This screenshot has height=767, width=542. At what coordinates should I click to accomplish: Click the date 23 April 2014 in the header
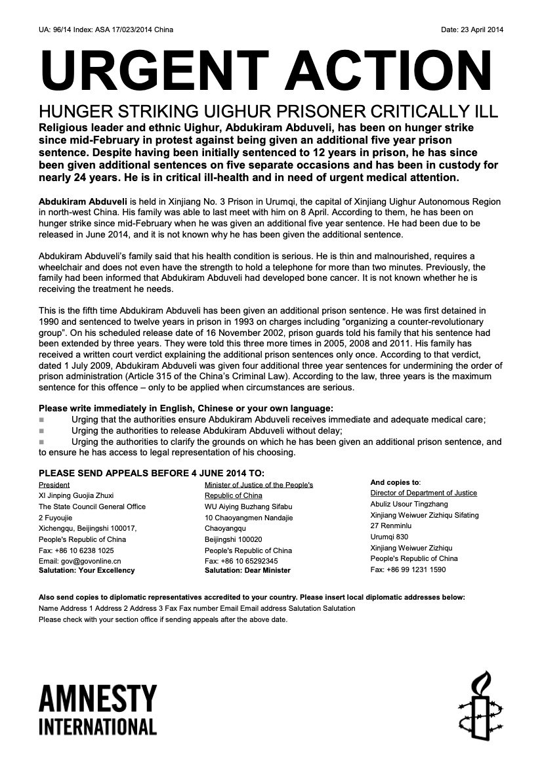pyautogui.click(x=480, y=30)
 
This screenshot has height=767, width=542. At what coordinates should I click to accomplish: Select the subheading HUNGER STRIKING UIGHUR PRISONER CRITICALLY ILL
pyautogui.click(x=265, y=111)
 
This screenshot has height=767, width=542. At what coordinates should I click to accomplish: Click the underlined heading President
pyautogui.click(x=54, y=485)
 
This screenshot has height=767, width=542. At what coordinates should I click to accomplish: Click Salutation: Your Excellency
pyautogui.click(x=87, y=570)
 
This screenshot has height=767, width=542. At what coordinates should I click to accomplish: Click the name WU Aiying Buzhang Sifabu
pyautogui.click(x=248, y=507)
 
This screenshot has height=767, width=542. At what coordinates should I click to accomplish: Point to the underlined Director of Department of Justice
pyautogui.click(x=423, y=493)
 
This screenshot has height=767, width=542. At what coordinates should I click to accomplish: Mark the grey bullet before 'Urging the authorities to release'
pyautogui.click(x=42, y=431)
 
